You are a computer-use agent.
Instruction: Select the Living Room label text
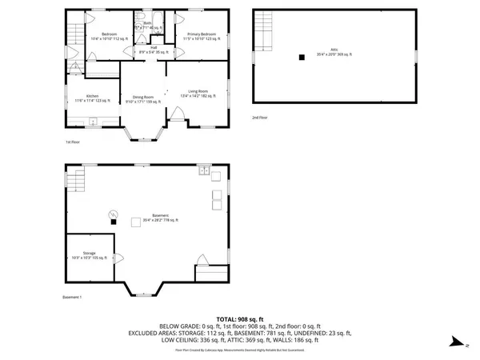pos(198,94)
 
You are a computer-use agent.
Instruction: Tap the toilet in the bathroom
pos(141,18)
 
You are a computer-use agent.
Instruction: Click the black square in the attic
pos(302,57)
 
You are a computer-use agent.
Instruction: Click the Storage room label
pos(89,254)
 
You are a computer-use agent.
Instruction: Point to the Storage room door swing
pos(119,258)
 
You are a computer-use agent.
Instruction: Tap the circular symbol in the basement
pos(113,213)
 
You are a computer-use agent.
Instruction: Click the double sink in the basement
pos(205,171)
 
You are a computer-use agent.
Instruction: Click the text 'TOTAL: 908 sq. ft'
pos(239,319)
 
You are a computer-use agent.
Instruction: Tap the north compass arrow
pos(455,342)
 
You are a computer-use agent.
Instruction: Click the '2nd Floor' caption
pos(260,117)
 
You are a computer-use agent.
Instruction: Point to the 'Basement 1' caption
pos(73,298)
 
